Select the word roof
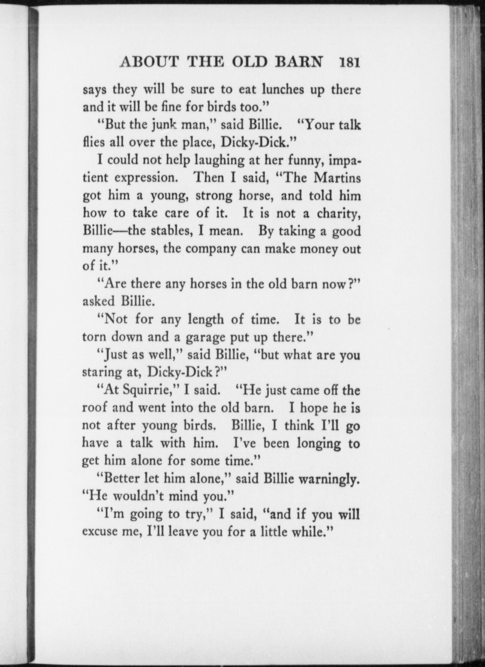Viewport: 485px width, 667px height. click(x=94, y=408)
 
